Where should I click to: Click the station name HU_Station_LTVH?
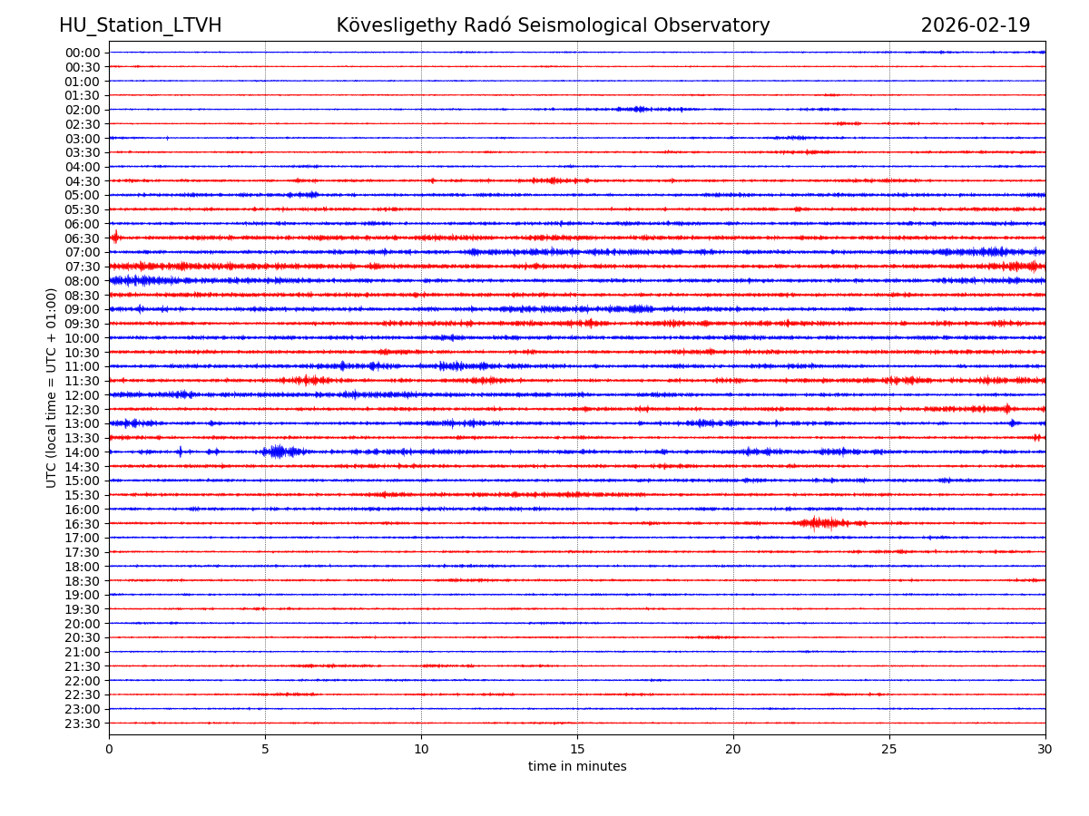point(140,25)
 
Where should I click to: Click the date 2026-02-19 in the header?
point(976,25)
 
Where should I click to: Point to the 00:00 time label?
point(82,53)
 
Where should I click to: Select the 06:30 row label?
point(82,238)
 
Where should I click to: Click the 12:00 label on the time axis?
point(82,395)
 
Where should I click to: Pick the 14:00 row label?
point(82,452)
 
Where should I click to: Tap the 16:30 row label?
point(82,524)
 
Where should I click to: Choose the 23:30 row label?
point(82,724)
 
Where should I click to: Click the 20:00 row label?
point(82,624)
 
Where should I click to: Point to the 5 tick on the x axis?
point(265,749)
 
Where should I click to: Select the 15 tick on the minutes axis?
point(577,749)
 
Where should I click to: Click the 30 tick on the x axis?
point(1045,749)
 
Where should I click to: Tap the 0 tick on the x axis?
point(109,749)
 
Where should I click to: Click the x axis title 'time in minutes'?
point(577,766)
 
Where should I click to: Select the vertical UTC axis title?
point(52,387)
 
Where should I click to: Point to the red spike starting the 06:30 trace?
point(115,238)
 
